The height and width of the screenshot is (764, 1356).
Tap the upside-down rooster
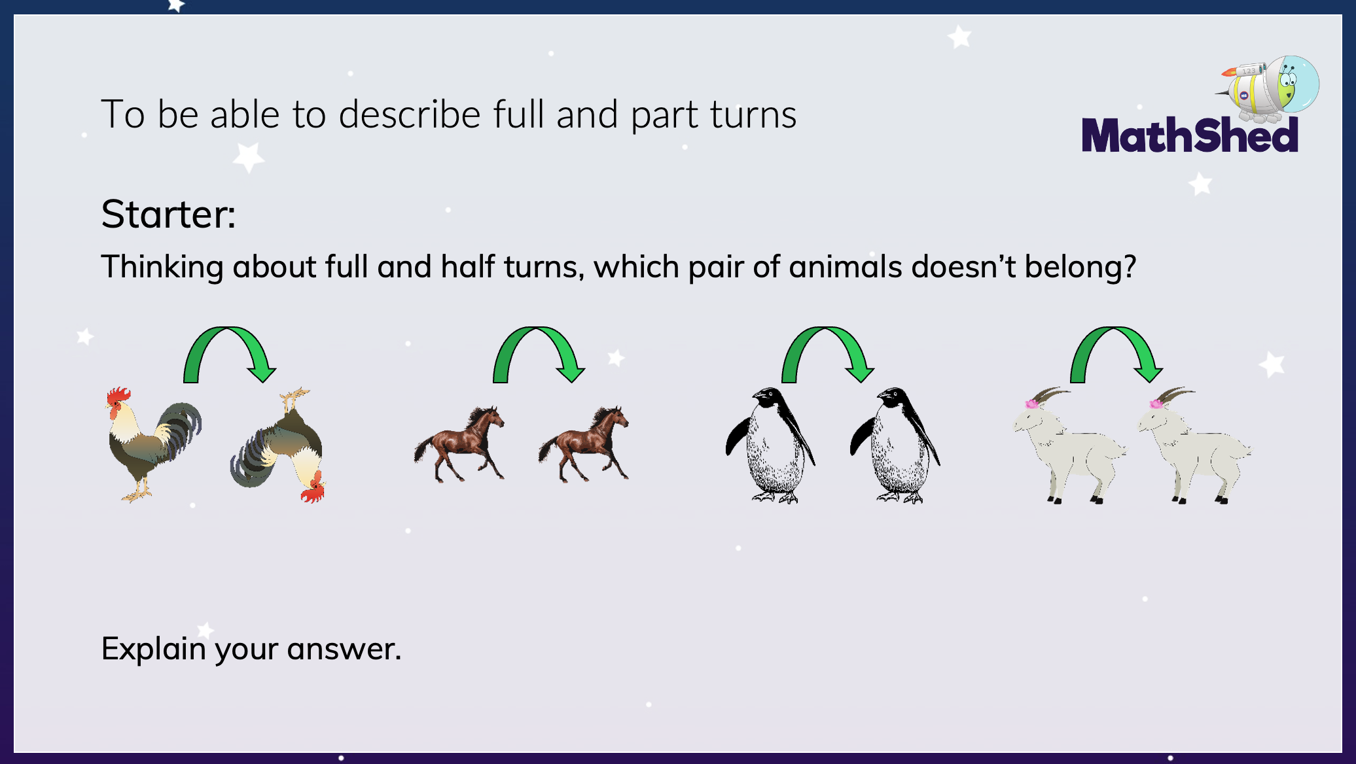click(278, 445)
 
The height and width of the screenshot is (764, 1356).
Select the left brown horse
click(459, 445)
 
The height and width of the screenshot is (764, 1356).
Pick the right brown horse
click(584, 445)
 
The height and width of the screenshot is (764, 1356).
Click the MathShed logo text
click(1190, 135)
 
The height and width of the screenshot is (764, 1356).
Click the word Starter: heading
click(168, 214)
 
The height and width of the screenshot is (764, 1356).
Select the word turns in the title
click(753, 115)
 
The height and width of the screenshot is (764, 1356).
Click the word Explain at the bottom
click(154, 650)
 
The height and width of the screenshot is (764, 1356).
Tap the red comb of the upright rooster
click(119, 396)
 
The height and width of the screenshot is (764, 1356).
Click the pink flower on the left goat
click(1031, 404)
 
